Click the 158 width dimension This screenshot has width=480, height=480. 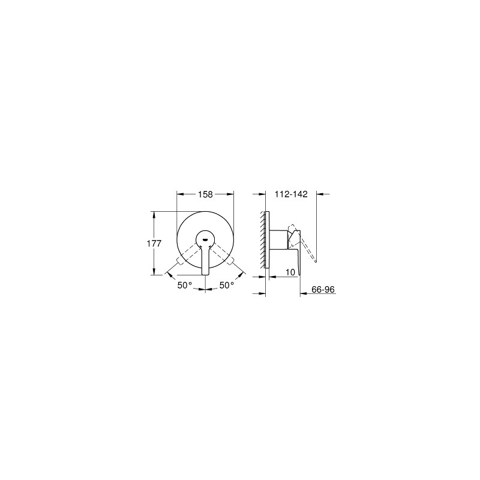click(x=205, y=194)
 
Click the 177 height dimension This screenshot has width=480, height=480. click(x=154, y=244)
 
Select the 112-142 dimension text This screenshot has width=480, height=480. click(x=291, y=194)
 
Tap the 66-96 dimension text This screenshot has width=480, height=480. click(x=323, y=289)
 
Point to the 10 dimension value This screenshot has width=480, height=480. click(x=290, y=272)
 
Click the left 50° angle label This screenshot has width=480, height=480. click(x=185, y=285)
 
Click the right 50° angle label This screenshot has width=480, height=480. click(x=227, y=285)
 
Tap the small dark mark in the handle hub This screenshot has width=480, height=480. click(x=205, y=240)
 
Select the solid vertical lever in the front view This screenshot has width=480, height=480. click(x=205, y=260)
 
